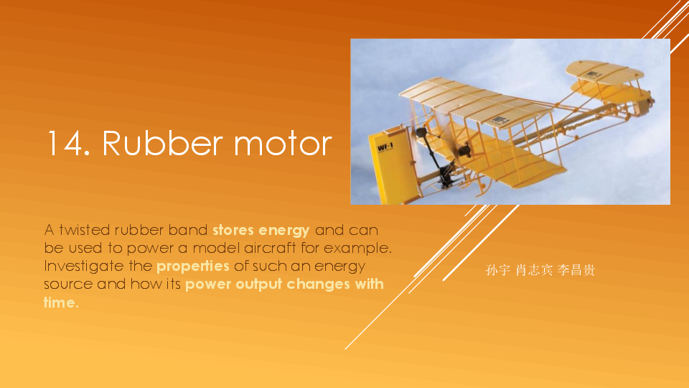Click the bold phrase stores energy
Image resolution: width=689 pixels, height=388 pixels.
261,231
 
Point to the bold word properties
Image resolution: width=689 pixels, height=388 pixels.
193,266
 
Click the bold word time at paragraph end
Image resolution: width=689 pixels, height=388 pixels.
60,302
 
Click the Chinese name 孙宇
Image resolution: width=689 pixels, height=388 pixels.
497,270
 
